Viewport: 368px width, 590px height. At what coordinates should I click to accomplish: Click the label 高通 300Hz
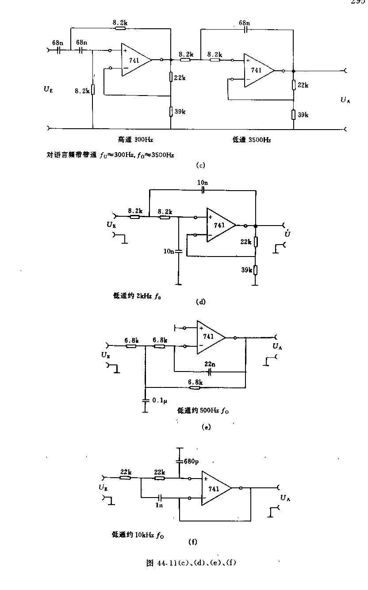[x=135, y=140]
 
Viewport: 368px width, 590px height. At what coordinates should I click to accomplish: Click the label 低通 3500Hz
[x=252, y=140]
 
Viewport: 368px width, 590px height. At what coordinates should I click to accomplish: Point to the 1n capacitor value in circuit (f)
[x=160, y=505]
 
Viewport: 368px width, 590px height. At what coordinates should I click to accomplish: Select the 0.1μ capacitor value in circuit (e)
[x=160, y=400]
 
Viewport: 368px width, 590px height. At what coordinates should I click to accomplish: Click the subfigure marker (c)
[x=200, y=166]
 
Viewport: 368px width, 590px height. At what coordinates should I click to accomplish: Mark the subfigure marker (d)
[x=201, y=303]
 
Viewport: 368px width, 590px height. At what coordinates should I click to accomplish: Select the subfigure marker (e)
[x=205, y=427]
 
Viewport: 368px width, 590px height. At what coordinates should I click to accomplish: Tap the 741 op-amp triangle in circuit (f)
[x=215, y=488]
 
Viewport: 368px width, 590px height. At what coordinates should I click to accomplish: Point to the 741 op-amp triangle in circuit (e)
[x=210, y=337]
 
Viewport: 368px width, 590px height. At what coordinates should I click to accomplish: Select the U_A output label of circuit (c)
[x=345, y=100]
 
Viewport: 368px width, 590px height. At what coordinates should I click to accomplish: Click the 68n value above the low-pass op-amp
[x=244, y=22]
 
